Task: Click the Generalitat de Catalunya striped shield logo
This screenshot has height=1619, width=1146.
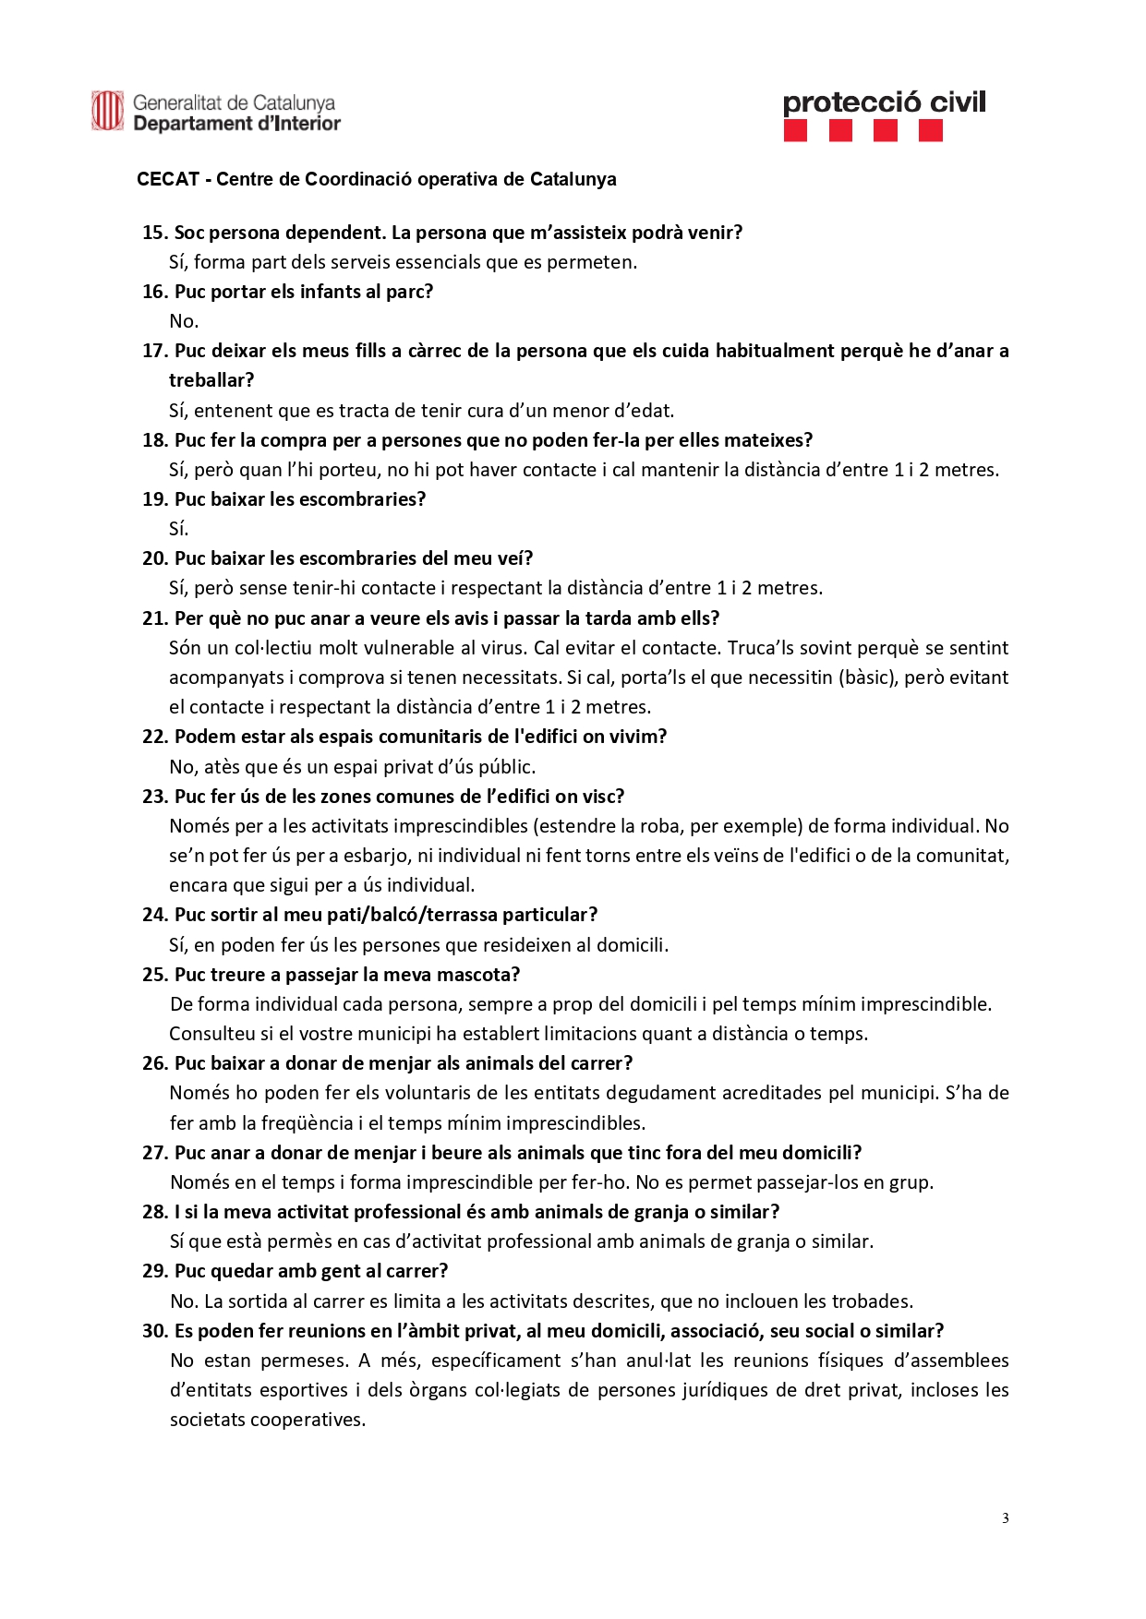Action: (107, 111)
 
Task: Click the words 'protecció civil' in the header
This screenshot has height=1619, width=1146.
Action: (884, 102)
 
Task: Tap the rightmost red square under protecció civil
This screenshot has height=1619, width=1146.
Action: (931, 131)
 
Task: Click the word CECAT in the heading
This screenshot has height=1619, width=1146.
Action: (168, 179)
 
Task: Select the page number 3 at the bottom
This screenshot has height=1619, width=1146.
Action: (1005, 1518)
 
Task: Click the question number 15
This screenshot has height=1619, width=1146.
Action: (154, 233)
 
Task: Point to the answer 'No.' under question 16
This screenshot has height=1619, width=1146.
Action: (184, 321)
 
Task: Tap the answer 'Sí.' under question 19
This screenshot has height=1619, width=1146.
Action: (179, 529)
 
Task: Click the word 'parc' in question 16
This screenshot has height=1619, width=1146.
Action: (408, 292)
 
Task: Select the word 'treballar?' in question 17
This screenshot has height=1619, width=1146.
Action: (211, 380)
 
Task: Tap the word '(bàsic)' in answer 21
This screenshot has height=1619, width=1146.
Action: (866, 678)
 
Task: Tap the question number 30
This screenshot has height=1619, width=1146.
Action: (155, 1331)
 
